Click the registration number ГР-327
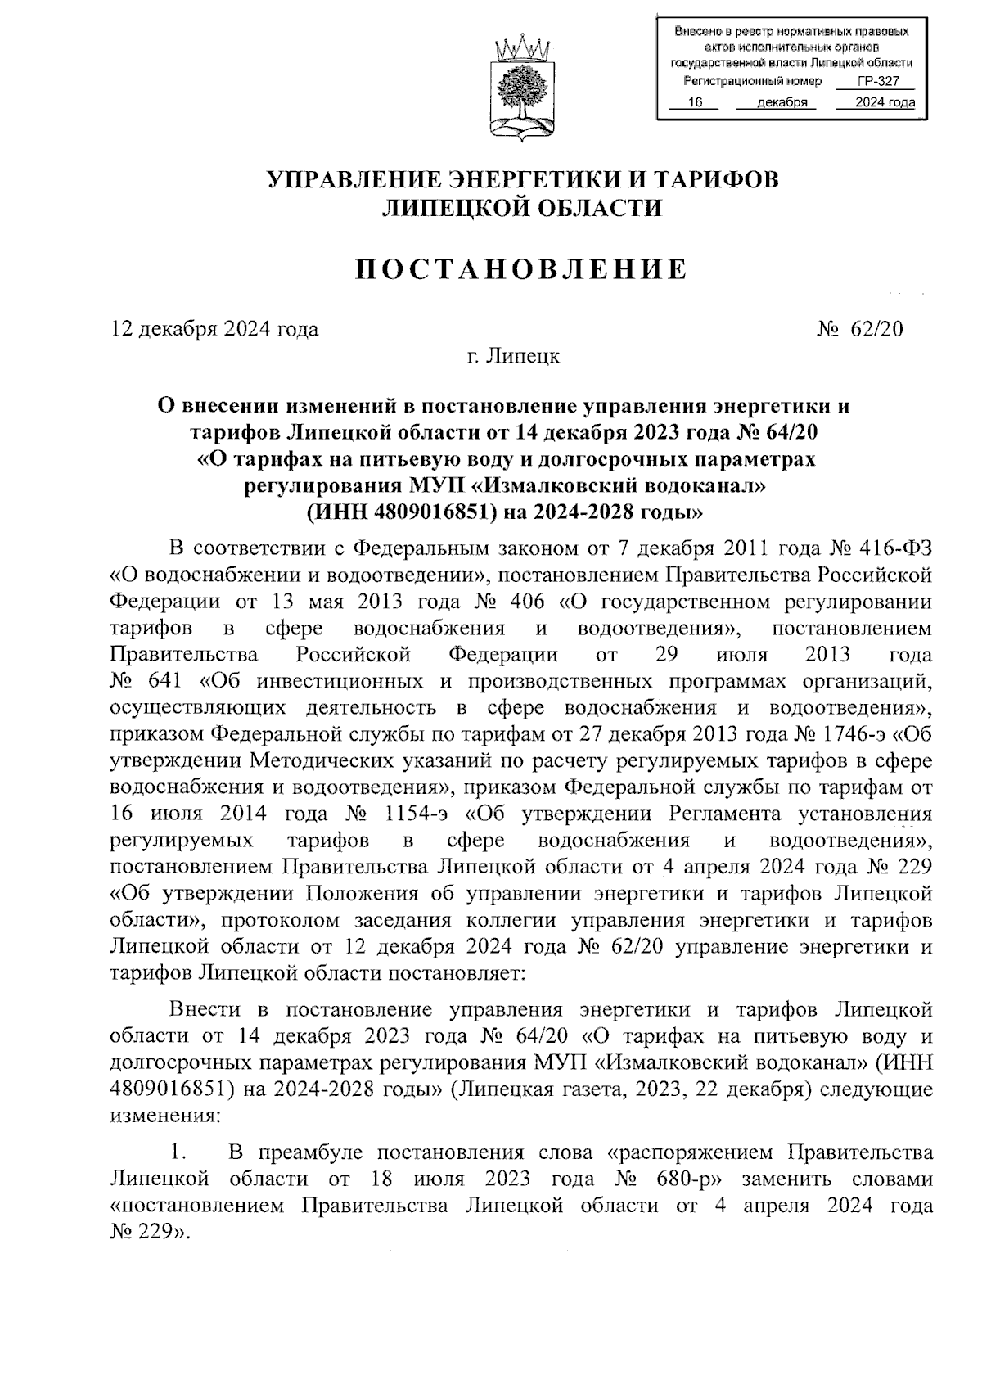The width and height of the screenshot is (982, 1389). (x=876, y=82)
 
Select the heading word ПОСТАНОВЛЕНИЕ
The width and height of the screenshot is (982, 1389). (x=521, y=269)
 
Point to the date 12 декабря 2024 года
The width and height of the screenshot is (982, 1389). (x=214, y=330)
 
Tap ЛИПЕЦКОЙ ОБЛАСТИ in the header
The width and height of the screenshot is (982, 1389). (x=522, y=209)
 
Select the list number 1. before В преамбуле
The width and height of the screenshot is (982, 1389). (x=178, y=1153)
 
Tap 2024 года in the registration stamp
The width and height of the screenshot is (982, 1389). (x=885, y=102)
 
